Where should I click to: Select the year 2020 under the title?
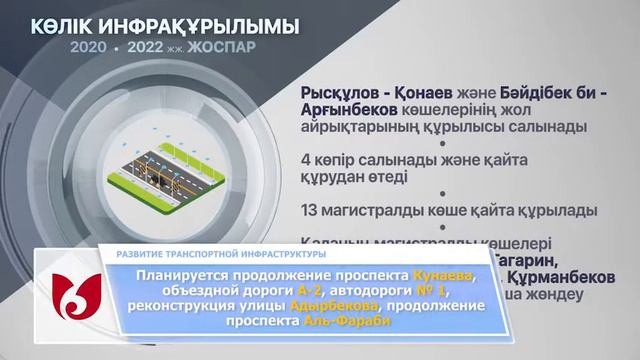click(89, 47)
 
